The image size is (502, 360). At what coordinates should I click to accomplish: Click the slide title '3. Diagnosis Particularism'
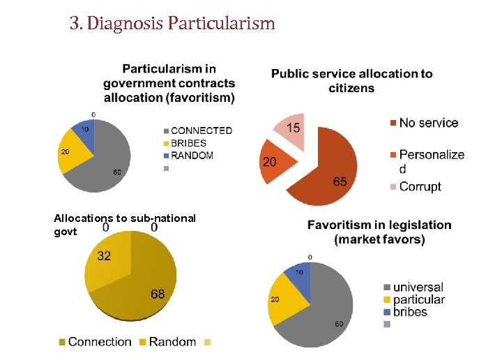coord(172,24)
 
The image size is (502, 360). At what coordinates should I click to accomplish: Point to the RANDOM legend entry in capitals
coord(192,155)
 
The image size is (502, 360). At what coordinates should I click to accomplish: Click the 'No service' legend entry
coord(428,123)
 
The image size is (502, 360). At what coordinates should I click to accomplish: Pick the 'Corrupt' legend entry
coord(420,186)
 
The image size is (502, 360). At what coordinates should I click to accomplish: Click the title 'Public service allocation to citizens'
coord(351,80)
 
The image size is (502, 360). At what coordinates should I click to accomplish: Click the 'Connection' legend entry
coord(100,342)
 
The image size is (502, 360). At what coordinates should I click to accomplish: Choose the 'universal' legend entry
coord(418,287)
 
